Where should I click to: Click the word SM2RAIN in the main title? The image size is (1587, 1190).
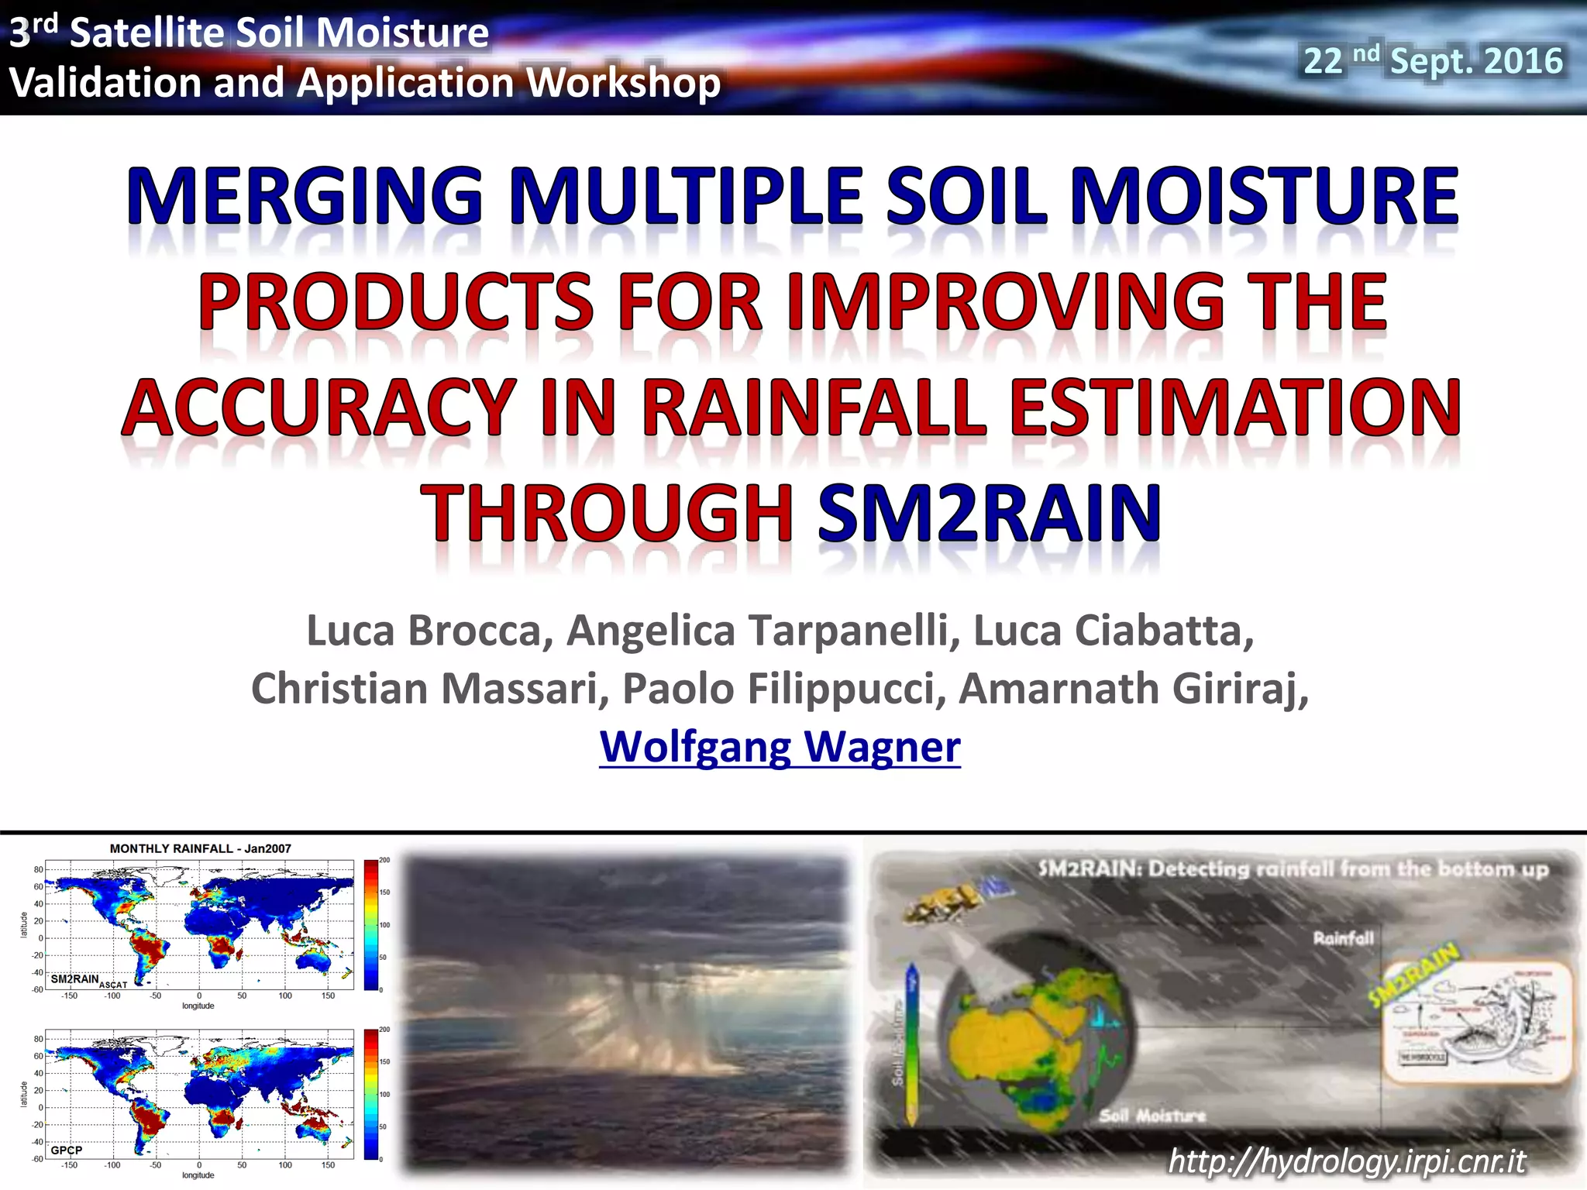point(989,513)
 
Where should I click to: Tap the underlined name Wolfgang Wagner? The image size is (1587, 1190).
point(780,747)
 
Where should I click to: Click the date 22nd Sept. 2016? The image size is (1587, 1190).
point(1433,61)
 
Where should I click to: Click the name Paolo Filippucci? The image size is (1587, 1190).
point(783,689)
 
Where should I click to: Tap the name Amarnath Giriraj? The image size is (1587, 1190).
point(1133,689)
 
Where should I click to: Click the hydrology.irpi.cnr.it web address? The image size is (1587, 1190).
point(1347,1161)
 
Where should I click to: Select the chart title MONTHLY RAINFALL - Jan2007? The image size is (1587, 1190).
point(201,848)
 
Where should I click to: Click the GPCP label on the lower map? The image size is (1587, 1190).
point(67,1150)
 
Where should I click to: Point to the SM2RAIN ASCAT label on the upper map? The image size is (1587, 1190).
point(85,980)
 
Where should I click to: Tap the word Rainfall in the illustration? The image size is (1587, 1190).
point(1343,939)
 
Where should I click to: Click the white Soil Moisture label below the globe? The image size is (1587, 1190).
point(1152,1116)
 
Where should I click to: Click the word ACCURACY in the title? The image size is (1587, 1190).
point(319,408)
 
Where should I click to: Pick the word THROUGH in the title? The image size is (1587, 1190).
point(608,513)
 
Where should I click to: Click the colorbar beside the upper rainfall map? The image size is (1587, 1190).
point(371,924)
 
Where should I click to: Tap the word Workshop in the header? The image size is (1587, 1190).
point(628,83)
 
